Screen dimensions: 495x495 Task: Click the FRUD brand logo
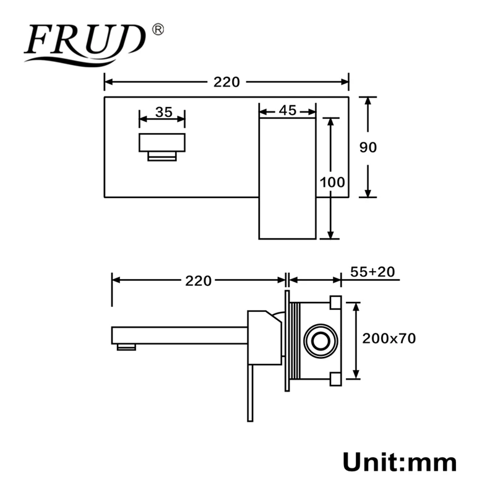tap(85, 44)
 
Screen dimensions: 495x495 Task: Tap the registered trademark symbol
tap(158, 30)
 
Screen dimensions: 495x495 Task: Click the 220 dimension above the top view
tap(226, 82)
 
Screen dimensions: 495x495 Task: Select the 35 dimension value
tap(164, 112)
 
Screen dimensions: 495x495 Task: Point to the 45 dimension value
tap(288, 111)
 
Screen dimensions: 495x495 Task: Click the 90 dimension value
tap(368, 147)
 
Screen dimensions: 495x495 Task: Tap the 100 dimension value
tap(332, 182)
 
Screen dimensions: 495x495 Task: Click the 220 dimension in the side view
tap(198, 281)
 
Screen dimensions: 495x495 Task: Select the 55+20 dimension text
tap(372, 272)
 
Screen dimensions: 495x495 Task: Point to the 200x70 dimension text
tap(389, 338)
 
